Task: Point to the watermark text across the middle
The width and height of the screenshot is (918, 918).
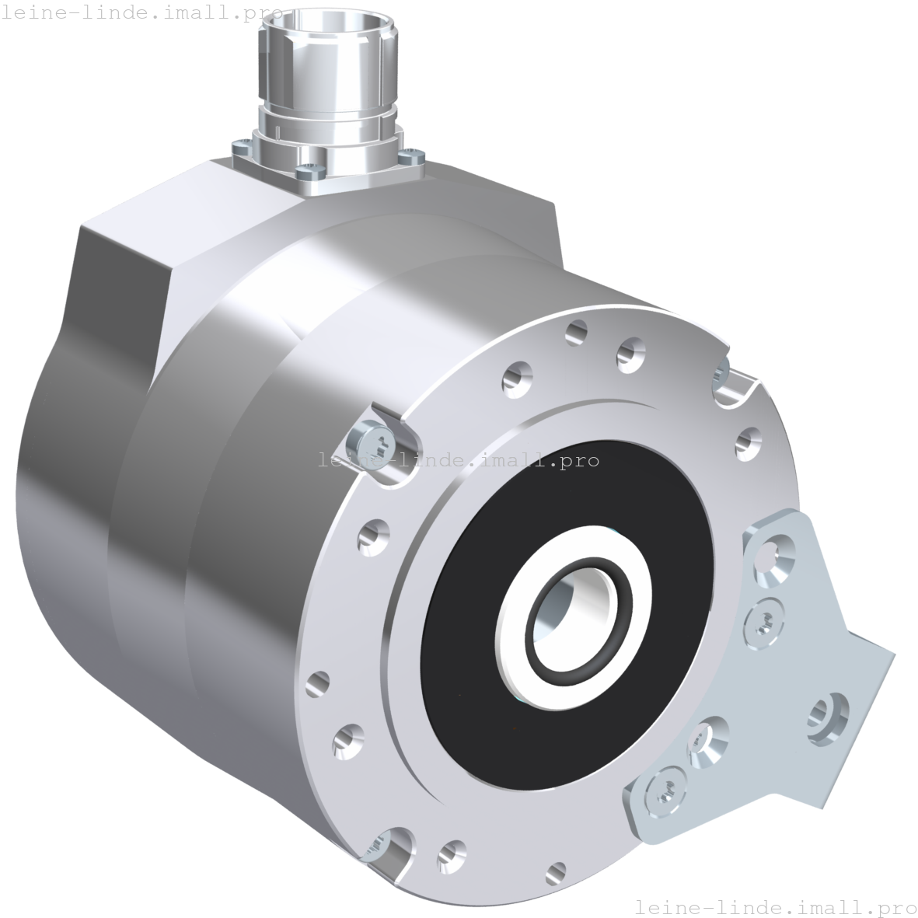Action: coord(466,461)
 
